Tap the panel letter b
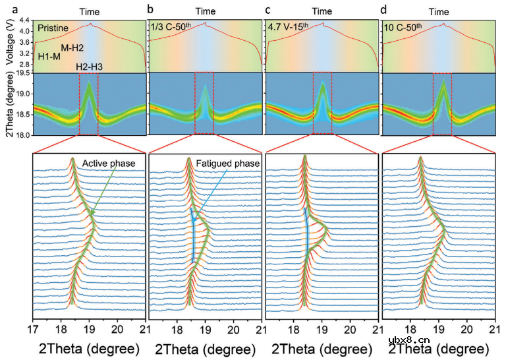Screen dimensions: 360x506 152,10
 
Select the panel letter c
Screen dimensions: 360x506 267,10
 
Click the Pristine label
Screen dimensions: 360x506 53,28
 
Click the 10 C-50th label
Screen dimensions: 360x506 403,27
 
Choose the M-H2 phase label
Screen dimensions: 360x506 72,48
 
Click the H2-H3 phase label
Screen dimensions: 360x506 88,67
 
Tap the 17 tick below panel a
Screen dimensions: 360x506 33,328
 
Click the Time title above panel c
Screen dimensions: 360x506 322,11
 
